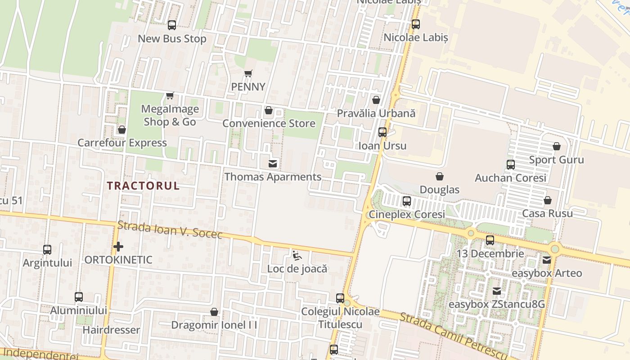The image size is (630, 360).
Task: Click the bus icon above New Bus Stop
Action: tap(172, 25)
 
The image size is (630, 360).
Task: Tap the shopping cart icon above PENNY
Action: tap(248, 73)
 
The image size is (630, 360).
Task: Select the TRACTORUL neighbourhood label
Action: tap(143, 185)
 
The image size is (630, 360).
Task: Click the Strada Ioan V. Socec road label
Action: tap(170, 229)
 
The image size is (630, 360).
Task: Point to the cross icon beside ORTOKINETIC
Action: tap(118, 247)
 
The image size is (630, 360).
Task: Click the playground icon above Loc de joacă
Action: tap(297, 256)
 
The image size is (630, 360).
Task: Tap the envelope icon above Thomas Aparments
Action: tap(273, 163)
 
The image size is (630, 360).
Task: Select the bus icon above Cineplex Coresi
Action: tap(407, 201)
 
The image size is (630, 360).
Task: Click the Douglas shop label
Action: tap(440, 189)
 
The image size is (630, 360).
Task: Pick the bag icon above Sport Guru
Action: tap(557, 147)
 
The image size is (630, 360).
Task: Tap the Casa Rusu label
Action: tap(548, 213)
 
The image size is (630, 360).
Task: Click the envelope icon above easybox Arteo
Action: tap(547, 260)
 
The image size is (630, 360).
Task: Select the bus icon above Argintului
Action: tap(47, 249)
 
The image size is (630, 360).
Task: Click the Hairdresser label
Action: tap(111, 330)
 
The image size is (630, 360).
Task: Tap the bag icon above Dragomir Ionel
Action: tap(214, 312)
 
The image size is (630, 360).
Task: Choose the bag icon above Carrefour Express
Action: tap(122, 130)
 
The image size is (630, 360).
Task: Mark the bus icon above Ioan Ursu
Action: tap(382, 132)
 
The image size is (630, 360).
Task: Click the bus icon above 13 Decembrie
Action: tap(490, 240)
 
